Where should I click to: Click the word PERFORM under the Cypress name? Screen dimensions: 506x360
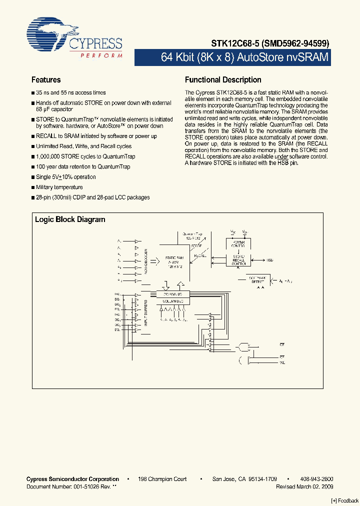click(x=101, y=55)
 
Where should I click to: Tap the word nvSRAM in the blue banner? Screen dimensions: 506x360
click(x=307, y=57)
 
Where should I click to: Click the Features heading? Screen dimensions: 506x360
click(x=46, y=80)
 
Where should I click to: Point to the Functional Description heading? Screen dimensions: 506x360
click(x=223, y=80)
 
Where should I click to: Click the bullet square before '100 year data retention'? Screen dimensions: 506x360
click(x=33, y=167)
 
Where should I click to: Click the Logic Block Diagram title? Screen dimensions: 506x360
click(x=70, y=219)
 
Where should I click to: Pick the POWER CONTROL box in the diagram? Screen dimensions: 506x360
click(x=238, y=243)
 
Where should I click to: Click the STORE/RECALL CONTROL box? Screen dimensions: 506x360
click(x=238, y=260)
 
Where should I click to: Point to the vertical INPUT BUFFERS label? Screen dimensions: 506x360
click(x=146, y=312)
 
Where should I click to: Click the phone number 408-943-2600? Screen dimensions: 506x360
click(x=317, y=479)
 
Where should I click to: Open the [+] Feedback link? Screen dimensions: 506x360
click(x=344, y=501)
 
